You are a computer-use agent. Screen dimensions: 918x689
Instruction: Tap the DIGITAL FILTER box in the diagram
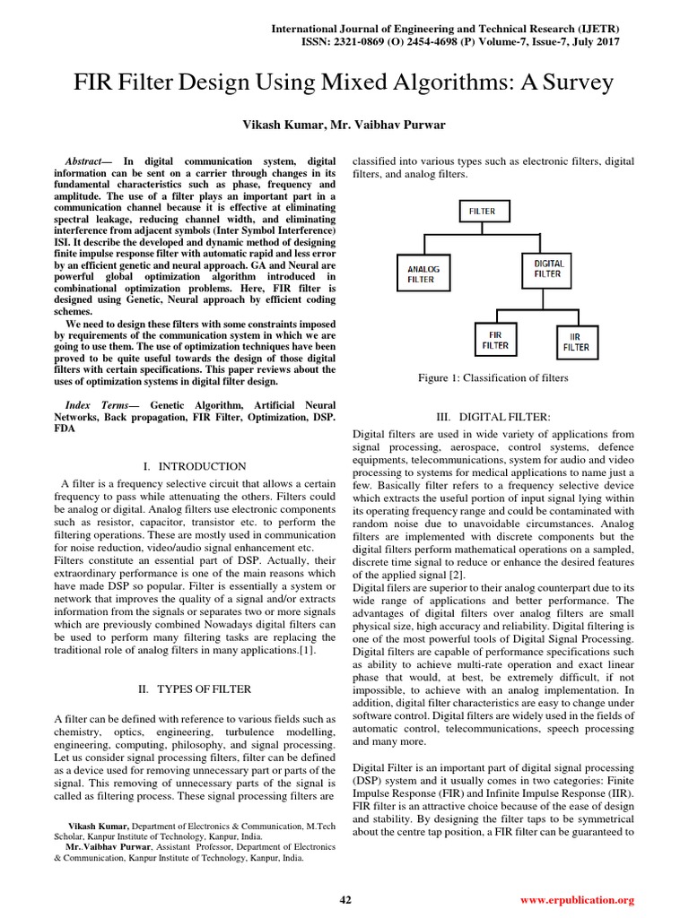click(x=548, y=269)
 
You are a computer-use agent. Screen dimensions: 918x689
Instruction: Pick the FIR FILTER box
click(x=494, y=340)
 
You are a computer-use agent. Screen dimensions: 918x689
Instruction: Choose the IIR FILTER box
click(x=576, y=342)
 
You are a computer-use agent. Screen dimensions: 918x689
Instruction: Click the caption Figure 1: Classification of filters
click(x=493, y=378)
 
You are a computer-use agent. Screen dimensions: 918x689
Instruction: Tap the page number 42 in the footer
click(x=344, y=899)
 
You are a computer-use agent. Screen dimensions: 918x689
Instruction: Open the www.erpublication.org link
click(x=577, y=899)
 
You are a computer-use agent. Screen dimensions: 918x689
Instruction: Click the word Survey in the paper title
click(x=574, y=83)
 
